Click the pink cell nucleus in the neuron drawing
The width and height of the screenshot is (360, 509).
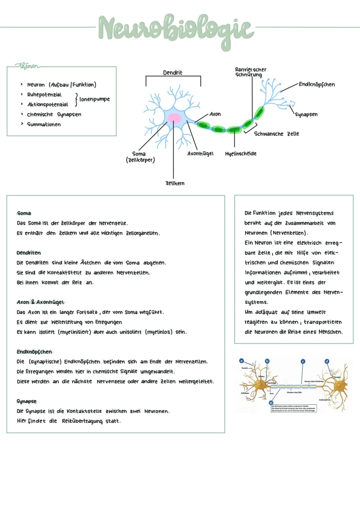tap(174, 118)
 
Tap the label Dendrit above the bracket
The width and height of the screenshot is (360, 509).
tap(173, 73)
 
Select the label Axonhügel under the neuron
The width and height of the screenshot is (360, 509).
tap(200, 154)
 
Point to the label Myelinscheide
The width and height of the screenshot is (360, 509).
tap(241, 154)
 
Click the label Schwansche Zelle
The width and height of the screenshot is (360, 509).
tap(276, 134)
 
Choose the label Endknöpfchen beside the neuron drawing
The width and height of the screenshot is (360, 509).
tap(317, 84)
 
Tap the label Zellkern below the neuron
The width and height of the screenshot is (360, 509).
tap(175, 183)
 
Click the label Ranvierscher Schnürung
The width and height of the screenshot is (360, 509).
tap(251, 72)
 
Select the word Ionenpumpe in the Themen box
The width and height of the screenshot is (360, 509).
tap(95, 99)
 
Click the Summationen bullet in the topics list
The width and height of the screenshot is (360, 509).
tap(44, 124)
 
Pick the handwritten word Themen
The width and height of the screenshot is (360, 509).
tap(29, 66)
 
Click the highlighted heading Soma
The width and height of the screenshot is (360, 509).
tap(24, 213)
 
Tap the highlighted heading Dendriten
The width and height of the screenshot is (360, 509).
tap(29, 253)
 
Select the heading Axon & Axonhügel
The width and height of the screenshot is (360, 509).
tap(40, 302)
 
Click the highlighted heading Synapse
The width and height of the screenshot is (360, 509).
tap(27, 401)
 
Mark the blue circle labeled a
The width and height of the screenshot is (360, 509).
tap(242, 361)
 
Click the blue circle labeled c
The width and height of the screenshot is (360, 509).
tap(303, 361)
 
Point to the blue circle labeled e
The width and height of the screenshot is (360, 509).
tap(271, 403)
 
